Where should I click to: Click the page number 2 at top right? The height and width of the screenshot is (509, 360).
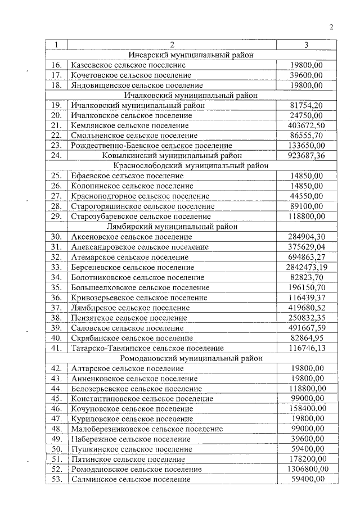(x=331, y=27)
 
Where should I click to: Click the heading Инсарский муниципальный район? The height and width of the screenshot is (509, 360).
(x=191, y=55)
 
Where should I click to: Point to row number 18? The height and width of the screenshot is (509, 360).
(x=56, y=85)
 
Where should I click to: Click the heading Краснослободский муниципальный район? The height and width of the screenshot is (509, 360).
(x=191, y=165)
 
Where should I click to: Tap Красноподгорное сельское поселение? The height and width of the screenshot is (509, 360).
(x=140, y=196)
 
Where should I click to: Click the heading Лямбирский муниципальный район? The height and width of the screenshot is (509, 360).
(x=191, y=226)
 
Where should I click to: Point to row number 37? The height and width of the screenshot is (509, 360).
(x=56, y=307)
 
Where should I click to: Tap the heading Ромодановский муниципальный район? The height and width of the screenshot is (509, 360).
(x=191, y=358)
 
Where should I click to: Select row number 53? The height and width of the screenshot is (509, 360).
(x=56, y=479)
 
